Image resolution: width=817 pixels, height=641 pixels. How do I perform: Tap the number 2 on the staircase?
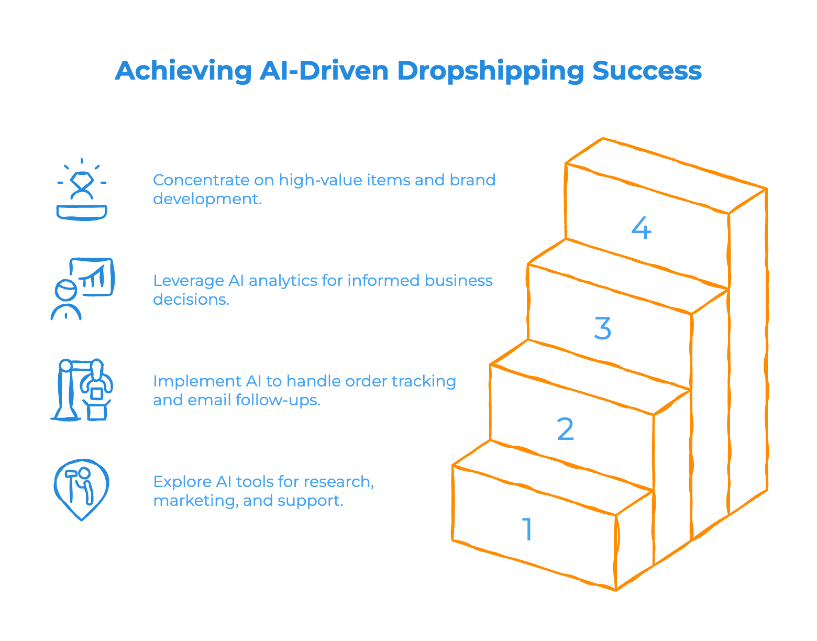[565, 429]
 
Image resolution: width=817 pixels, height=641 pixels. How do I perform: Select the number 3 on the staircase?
[603, 328]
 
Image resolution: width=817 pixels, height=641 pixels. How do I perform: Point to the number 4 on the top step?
[641, 228]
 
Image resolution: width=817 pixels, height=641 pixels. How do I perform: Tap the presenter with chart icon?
[82, 289]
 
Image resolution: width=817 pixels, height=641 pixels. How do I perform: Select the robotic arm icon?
[82, 389]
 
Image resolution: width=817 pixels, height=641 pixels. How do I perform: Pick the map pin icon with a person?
[82, 489]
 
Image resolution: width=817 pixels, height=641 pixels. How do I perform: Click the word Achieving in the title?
[183, 71]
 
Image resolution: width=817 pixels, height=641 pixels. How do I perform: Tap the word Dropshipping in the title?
[490, 71]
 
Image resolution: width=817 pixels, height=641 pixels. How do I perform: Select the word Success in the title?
[647, 71]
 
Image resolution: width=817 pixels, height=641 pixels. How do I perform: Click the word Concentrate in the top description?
[201, 180]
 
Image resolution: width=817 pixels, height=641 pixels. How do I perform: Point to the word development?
[206, 199]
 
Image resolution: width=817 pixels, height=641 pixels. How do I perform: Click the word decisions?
[191, 300]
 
